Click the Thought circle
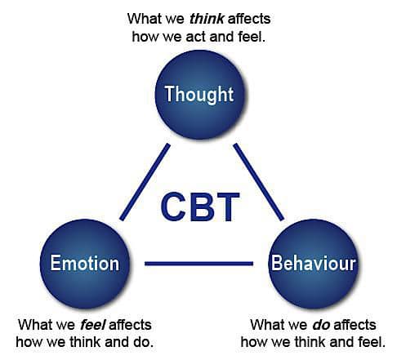pyautogui.click(x=199, y=95)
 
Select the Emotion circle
pyautogui.click(x=85, y=264)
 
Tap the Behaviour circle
pyautogui.click(x=313, y=264)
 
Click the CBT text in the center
pyautogui.click(x=200, y=207)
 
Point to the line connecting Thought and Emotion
pyautogui.click(x=145, y=182)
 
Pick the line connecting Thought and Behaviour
pyautogui.click(x=259, y=182)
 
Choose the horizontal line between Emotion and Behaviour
pyautogui.click(x=198, y=264)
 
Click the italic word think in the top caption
pyautogui.click(x=207, y=19)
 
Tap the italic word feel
pyautogui.click(x=93, y=325)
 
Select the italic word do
pyautogui.click(x=321, y=325)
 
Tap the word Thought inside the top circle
pyautogui.click(x=199, y=95)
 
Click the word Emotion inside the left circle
pyautogui.click(x=85, y=264)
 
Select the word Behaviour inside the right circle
pyautogui.click(x=314, y=264)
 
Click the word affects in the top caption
pyautogui.click(x=249, y=19)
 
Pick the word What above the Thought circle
pyautogui.click(x=143, y=19)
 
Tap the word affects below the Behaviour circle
pyautogui.click(x=355, y=325)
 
